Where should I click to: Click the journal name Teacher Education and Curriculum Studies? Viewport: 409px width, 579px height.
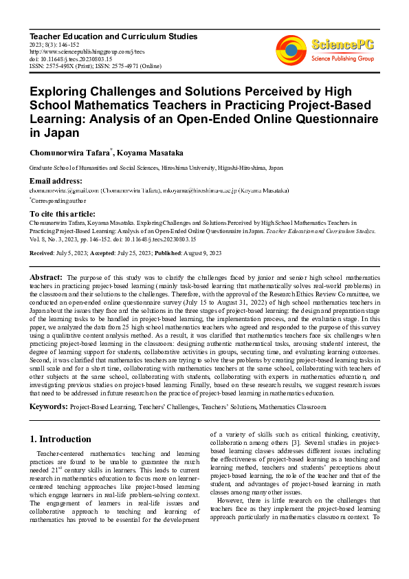[x=113, y=36]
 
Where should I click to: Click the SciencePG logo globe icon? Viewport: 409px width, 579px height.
[x=291, y=50]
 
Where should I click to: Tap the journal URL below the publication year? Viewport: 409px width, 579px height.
[x=88, y=52]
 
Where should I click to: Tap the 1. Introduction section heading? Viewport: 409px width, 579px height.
[x=61, y=439]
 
